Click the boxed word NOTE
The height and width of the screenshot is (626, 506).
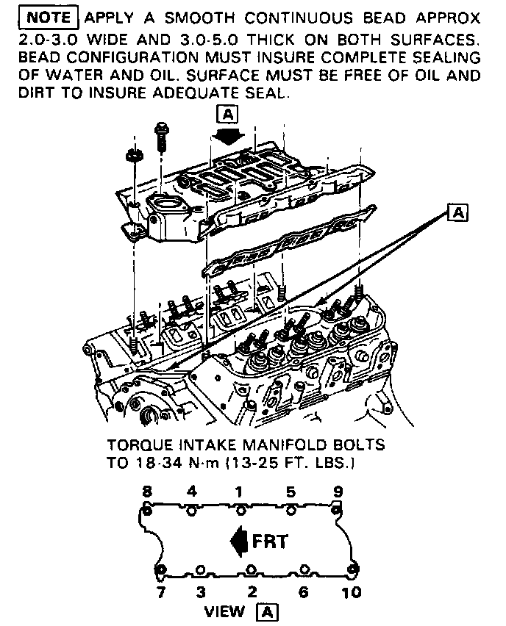click(x=50, y=17)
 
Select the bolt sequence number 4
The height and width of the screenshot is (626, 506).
click(x=191, y=491)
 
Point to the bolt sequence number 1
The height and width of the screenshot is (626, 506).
click(x=239, y=491)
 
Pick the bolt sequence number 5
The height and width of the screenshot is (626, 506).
click(x=291, y=491)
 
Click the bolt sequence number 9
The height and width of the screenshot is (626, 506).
click(x=338, y=491)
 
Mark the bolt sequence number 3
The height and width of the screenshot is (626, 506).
click(x=201, y=591)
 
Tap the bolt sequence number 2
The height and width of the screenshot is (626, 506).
click(x=252, y=591)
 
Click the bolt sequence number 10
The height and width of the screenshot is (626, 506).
click(x=352, y=591)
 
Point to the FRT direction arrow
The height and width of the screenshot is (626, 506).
click(x=238, y=542)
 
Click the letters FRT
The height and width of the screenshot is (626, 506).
click(x=270, y=542)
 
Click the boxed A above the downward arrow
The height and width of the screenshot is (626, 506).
click(x=229, y=114)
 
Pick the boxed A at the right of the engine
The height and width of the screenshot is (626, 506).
click(x=459, y=212)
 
